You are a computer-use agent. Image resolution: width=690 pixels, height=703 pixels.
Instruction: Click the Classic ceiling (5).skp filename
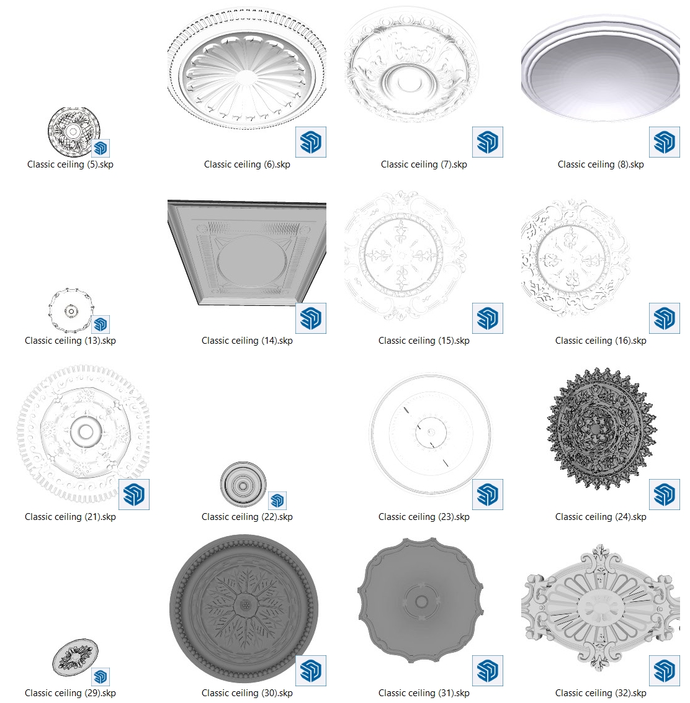click(x=70, y=164)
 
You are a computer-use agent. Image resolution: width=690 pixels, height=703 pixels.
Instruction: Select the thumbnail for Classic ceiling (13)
click(x=71, y=310)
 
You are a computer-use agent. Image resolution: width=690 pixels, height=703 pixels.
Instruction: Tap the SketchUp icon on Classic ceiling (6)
click(x=311, y=142)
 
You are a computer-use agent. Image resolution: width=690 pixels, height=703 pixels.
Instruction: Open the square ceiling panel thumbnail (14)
click(x=247, y=253)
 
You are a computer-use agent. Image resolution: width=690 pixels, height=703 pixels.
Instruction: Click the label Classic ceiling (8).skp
click(x=601, y=164)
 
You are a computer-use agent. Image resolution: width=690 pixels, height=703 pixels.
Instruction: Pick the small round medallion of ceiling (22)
click(x=243, y=485)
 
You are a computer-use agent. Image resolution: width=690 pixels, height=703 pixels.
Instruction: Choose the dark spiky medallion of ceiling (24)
click(x=602, y=428)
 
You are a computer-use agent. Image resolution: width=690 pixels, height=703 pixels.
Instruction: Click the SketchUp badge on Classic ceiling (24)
click(x=665, y=495)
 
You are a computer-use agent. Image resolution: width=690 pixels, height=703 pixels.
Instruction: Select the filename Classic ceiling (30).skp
click(x=247, y=693)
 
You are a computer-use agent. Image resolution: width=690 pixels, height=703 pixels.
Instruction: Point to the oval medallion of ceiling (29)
click(x=75, y=657)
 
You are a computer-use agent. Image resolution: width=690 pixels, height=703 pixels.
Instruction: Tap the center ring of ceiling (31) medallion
click(x=421, y=601)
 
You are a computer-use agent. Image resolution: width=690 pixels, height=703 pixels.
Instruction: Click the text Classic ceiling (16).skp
click(x=601, y=341)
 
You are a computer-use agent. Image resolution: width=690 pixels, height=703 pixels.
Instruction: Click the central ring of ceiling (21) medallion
click(x=85, y=432)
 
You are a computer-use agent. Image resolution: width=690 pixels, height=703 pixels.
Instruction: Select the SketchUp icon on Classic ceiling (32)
click(x=665, y=671)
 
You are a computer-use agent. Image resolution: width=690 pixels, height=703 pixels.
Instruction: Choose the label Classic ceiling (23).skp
click(x=424, y=517)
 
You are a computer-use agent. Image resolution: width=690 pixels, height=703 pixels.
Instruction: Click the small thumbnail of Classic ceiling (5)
click(x=74, y=132)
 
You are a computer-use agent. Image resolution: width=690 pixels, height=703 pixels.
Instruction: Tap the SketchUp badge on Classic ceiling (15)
click(x=488, y=318)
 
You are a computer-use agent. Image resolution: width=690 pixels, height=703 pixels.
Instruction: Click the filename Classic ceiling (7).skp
click(x=424, y=164)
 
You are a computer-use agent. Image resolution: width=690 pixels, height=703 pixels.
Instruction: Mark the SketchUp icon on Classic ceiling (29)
click(x=101, y=677)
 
